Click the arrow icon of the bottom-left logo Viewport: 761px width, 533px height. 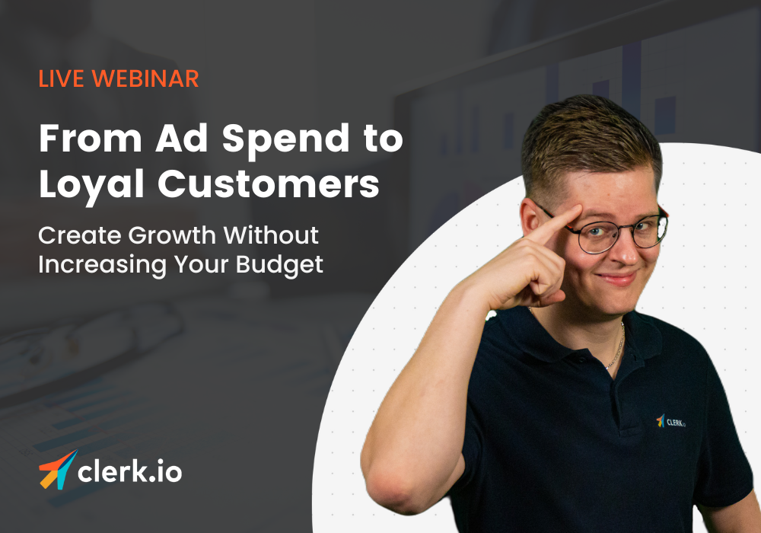pyautogui.click(x=58, y=470)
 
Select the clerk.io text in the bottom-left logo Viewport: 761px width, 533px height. pyautogui.click(x=130, y=472)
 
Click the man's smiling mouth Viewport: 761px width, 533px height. pyautogui.click(x=618, y=277)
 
